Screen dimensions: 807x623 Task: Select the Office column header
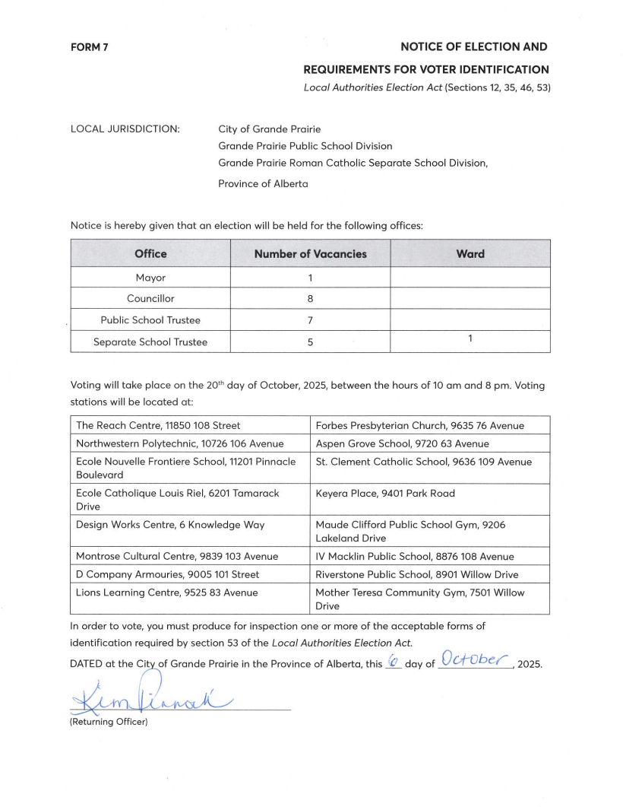tap(150, 254)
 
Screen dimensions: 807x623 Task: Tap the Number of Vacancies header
tap(310, 254)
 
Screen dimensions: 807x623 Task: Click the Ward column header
tap(470, 254)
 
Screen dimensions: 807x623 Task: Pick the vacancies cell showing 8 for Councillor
tap(310, 299)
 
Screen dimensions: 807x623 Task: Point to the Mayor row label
tap(150, 278)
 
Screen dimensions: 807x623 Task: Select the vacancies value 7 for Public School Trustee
tap(310, 320)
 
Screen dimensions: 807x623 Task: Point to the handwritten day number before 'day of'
tap(393, 662)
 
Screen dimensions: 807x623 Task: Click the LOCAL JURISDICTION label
tap(125, 129)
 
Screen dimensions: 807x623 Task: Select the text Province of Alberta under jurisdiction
tap(263, 183)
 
